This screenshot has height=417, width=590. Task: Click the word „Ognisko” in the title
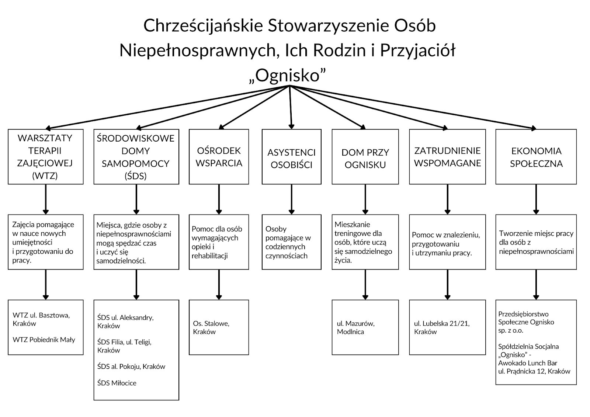point(287,76)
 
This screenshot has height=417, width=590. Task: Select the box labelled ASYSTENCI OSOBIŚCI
point(292,157)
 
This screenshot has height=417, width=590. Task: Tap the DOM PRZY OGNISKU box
point(365,157)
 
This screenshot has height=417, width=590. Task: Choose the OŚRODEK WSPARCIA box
point(219,157)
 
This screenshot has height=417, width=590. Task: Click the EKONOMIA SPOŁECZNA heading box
point(536,157)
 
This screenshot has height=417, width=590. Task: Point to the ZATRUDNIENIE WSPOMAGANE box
point(448,157)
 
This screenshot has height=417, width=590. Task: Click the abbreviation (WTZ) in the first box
point(45,176)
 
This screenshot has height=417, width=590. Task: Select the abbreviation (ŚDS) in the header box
point(135,176)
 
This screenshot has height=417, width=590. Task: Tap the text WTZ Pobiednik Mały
point(44,340)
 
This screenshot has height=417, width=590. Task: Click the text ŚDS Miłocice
point(117,383)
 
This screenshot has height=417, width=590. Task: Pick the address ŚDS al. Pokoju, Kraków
point(131,367)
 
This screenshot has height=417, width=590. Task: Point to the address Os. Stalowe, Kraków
point(211,327)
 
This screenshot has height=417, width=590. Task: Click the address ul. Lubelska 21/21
point(442,323)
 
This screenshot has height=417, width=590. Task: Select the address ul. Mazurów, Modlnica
point(355,327)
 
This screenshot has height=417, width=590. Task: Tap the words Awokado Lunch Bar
point(528,363)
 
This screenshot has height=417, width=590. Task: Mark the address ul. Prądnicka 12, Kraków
point(534,371)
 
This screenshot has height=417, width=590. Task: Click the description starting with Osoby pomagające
point(288,242)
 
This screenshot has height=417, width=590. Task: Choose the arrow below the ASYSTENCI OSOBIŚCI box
point(292,199)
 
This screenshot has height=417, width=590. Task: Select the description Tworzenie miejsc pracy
point(536,242)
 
